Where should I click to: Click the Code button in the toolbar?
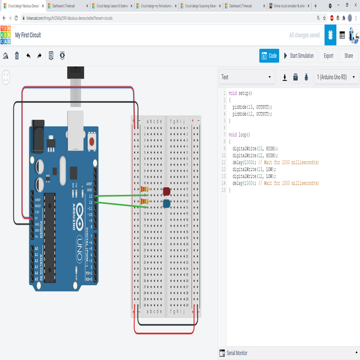coord(269,56)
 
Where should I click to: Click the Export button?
coord(329,56)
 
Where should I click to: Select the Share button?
coord(348,56)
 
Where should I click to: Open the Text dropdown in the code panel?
coord(246,77)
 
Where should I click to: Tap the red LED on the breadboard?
coord(167,191)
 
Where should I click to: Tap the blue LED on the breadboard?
coord(167,203)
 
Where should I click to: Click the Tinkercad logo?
coord(6,35)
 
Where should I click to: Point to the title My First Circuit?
coord(28,35)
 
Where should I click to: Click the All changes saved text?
coord(304,35)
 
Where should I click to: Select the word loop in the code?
coord(243,135)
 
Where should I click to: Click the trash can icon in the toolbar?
coord(17,56)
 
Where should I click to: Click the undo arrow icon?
coord(28,56)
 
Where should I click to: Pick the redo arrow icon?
coord(39,56)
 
